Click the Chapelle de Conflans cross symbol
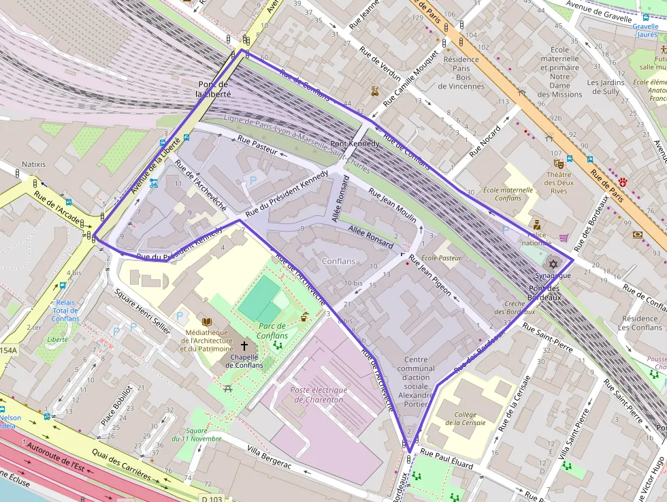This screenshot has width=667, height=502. click(x=244, y=345)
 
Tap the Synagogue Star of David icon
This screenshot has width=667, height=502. click(x=553, y=264)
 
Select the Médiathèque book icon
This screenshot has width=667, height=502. click(x=207, y=320)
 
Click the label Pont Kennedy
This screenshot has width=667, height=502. click(x=355, y=144)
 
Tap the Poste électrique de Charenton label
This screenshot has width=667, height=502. click(x=319, y=395)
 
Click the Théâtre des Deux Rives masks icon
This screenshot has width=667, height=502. click(x=559, y=163)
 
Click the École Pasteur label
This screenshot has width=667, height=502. click(x=442, y=258)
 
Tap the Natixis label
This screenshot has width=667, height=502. click(x=33, y=164)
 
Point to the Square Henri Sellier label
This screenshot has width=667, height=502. click(x=142, y=311)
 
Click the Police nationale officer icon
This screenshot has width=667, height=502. click(x=536, y=224)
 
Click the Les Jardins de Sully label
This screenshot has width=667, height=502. click(x=603, y=87)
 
